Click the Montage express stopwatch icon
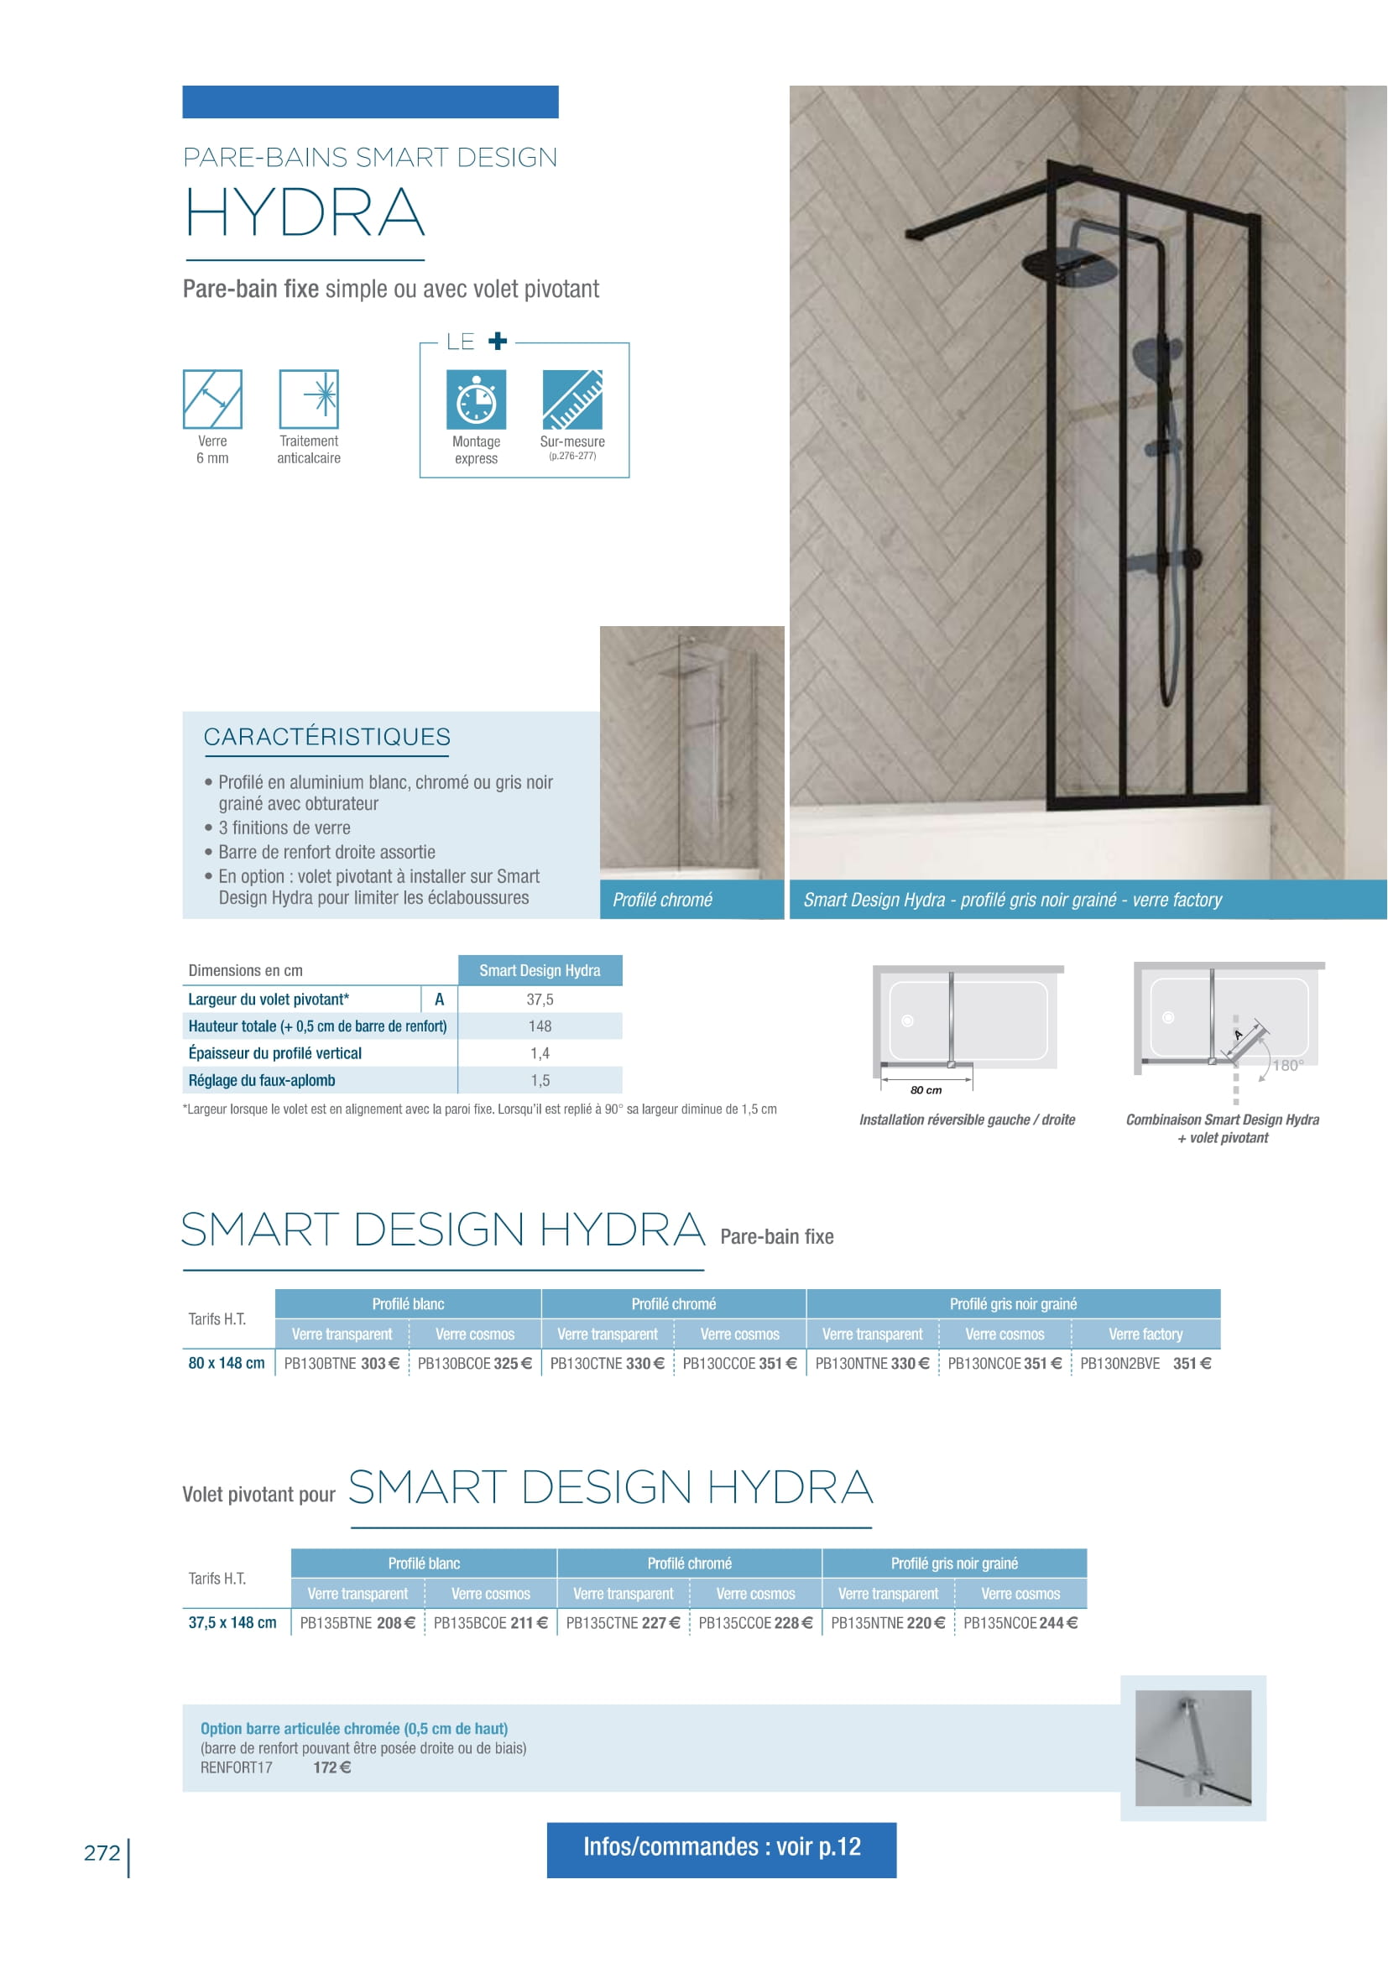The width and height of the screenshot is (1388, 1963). (x=476, y=399)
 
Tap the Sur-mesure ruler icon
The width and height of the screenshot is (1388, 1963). (x=571, y=399)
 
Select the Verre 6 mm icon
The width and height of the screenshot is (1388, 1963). (x=212, y=399)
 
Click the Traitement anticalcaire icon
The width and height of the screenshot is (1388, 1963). (x=309, y=399)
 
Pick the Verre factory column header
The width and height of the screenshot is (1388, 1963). (x=1145, y=1334)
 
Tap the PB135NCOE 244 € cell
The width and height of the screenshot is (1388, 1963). (x=1020, y=1622)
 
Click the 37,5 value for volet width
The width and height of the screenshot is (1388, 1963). (x=540, y=999)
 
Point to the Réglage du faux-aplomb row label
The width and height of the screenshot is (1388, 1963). (x=262, y=1080)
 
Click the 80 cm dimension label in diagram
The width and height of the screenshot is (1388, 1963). (x=926, y=1090)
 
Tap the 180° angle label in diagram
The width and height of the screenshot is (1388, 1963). (x=1287, y=1065)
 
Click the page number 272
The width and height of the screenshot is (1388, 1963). (x=102, y=1853)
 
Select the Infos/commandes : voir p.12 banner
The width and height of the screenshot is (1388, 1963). (x=722, y=1846)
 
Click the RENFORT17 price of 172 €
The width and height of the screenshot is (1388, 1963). (x=331, y=1767)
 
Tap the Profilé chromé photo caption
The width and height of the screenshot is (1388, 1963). (x=662, y=900)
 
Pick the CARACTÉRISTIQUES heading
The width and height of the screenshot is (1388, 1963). (x=326, y=736)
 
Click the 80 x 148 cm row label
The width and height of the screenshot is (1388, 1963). (x=227, y=1363)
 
